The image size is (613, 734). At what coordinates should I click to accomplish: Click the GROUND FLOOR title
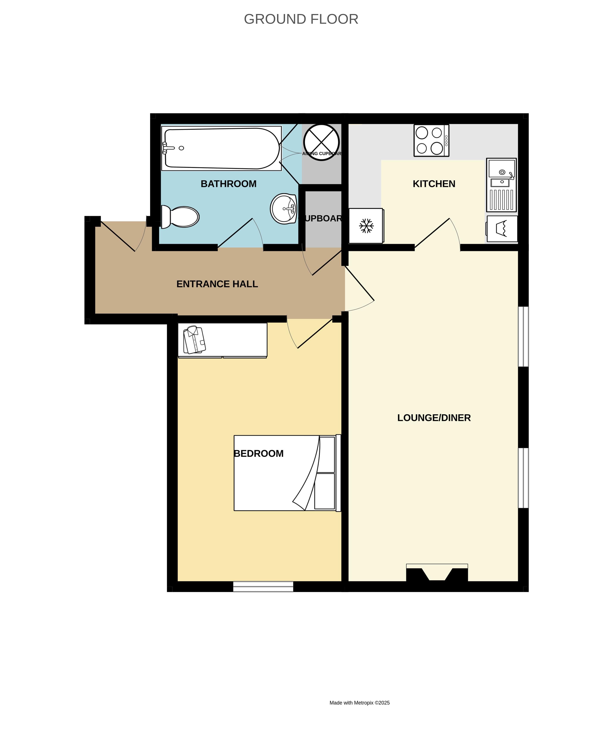click(x=301, y=19)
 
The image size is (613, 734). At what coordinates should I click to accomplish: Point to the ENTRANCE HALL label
click(x=217, y=284)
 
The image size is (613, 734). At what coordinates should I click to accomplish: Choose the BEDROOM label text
click(x=258, y=454)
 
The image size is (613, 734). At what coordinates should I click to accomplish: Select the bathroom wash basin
click(x=284, y=209)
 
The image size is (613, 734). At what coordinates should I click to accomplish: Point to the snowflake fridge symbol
click(x=366, y=226)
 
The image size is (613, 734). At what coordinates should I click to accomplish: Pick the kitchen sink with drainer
click(x=501, y=185)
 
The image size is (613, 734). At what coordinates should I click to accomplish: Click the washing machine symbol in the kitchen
click(x=502, y=229)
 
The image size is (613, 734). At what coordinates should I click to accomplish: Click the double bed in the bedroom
click(x=287, y=473)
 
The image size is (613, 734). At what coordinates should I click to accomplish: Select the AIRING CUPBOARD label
click(x=321, y=154)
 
